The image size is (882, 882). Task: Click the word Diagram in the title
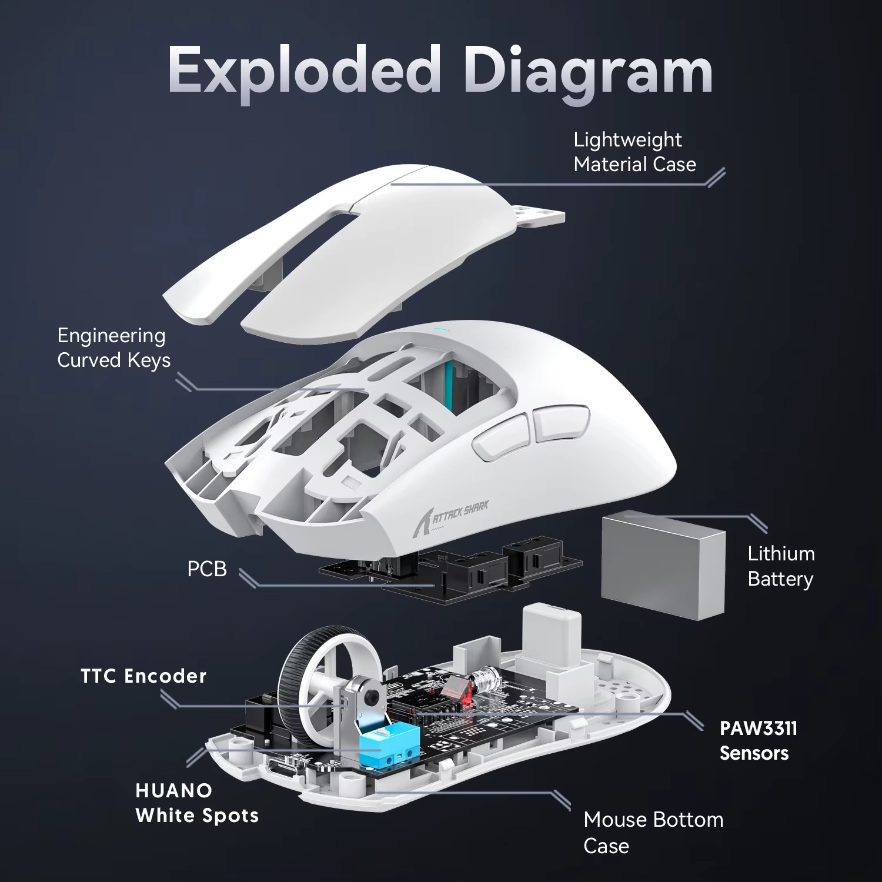[588, 73]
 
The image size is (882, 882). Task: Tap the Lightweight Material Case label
[634, 152]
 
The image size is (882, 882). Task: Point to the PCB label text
[206, 569]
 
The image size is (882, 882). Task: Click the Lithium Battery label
[780, 566]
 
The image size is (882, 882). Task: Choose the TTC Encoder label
[143, 676]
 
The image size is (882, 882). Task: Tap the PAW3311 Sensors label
[757, 740]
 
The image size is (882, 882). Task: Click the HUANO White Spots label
[196, 803]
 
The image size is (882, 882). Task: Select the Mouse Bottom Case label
[653, 832]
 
